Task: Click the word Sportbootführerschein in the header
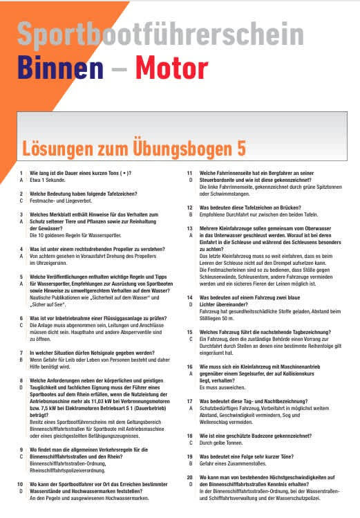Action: [x=160, y=35]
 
